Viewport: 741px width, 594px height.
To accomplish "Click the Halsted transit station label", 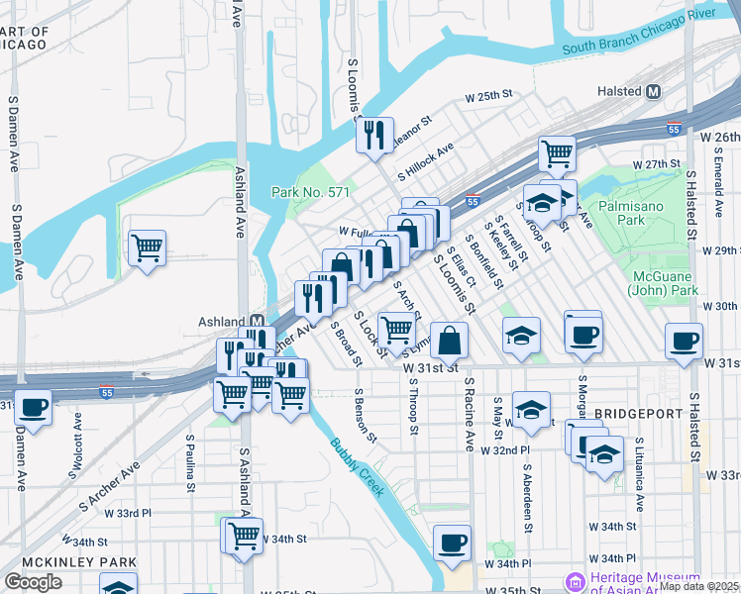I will [619, 91].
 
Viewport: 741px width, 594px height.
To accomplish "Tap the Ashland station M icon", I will [257, 322].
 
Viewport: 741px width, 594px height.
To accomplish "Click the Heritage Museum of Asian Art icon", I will [573, 581].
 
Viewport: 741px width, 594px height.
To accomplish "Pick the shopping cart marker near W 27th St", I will [558, 153].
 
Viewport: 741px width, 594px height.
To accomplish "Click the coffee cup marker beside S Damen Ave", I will [33, 406].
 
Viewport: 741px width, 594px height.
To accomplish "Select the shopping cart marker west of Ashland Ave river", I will [147, 247].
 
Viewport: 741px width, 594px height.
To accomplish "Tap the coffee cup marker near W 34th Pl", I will [452, 542].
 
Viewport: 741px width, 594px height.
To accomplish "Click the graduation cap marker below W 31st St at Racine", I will [532, 410].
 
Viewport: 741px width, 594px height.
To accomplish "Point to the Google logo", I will [33, 581].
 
